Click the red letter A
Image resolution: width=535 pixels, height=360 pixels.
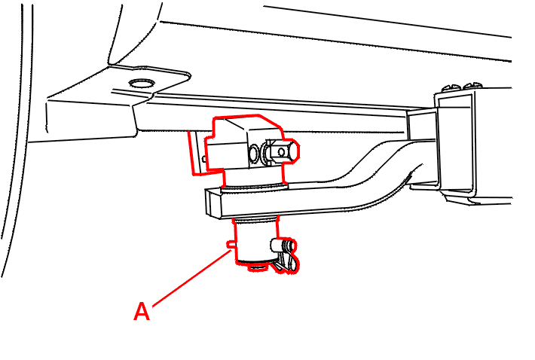(x=142, y=311)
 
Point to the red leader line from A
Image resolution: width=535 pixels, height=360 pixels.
(x=191, y=278)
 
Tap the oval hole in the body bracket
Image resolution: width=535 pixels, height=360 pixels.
(x=141, y=83)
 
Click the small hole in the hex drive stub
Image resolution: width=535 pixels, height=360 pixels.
(x=282, y=151)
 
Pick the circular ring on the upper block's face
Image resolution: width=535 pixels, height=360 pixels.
(x=254, y=153)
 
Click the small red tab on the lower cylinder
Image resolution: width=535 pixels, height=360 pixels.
(x=231, y=244)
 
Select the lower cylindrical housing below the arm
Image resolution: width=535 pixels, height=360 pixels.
(x=255, y=241)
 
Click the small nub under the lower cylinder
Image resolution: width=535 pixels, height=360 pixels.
(x=257, y=267)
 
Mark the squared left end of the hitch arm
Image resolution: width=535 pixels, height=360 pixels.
(x=213, y=203)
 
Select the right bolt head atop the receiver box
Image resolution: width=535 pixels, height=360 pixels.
(x=472, y=86)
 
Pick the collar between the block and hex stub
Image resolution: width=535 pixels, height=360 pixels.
(x=265, y=153)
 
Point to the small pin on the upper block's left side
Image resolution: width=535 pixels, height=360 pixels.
(x=203, y=158)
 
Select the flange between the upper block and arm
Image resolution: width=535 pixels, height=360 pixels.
(x=255, y=187)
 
